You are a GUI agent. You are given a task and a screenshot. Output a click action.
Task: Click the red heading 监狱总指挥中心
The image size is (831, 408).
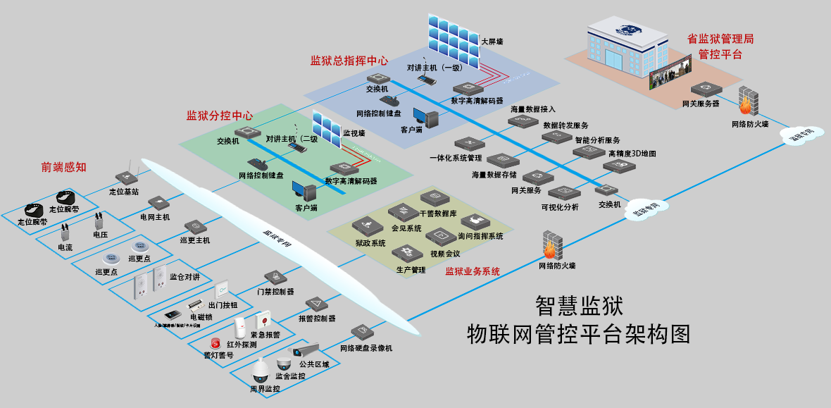click(349, 61)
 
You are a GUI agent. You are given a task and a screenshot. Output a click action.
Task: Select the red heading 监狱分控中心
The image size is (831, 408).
click(219, 115)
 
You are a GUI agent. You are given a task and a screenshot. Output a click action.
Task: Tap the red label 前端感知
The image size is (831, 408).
click(63, 167)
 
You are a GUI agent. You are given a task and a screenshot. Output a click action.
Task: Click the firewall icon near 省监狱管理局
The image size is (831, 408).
click(748, 102)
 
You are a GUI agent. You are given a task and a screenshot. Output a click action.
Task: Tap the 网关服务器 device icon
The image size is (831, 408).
click(705, 89)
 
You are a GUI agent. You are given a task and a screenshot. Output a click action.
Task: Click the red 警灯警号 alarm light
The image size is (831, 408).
click(206, 343)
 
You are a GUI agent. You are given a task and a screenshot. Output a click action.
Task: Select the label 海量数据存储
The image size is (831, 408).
click(494, 174)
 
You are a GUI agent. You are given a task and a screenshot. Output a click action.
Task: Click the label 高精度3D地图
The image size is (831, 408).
click(632, 154)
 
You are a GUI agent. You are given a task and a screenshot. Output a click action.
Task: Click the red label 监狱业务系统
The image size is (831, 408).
click(473, 271)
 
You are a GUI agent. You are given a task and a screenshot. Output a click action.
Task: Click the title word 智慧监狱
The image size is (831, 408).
click(579, 305)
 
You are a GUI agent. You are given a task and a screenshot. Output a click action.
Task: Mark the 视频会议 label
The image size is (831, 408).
click(444, 253)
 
